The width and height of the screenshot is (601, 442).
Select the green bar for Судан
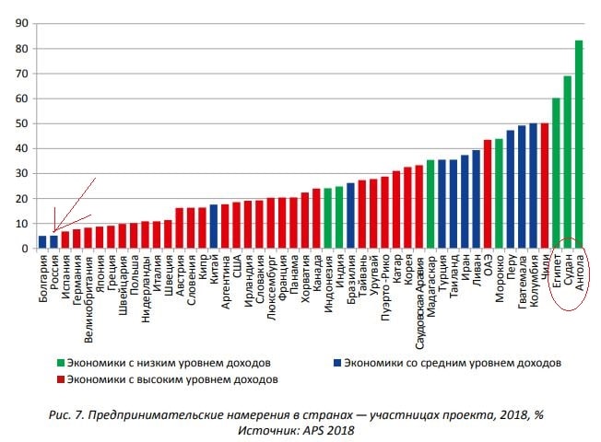point(568,162)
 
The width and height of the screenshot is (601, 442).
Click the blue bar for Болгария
point(42,242)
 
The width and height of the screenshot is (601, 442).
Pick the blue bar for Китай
point(214,227)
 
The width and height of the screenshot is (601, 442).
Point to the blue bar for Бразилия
point(350,215)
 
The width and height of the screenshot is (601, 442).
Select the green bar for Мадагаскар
point(430,204)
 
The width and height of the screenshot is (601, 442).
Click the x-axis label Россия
point(54,275)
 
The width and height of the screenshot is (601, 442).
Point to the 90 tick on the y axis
point(18,24)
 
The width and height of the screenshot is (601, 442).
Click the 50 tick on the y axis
point(18,123)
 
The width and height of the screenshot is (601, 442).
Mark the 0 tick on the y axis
point(22,249)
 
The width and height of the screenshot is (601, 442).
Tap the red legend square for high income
point(60,378)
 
